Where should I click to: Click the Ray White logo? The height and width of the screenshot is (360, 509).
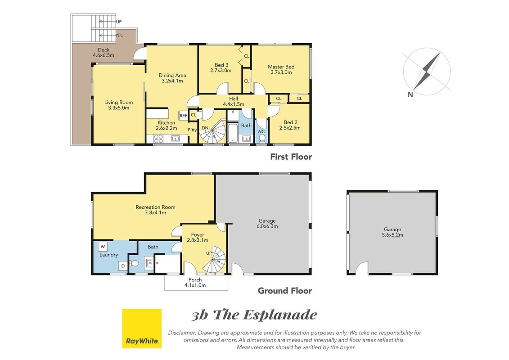[x=141, y=328]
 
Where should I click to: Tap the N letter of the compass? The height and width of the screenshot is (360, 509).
[x=410, y=94]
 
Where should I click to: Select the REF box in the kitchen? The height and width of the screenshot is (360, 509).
[x=184, y=116]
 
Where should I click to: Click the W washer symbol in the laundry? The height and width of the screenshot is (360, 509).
[x=103, y=247]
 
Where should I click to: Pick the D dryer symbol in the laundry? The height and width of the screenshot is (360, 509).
[x=123, y=266]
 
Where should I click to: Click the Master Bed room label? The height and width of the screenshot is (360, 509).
[x=281, y=67]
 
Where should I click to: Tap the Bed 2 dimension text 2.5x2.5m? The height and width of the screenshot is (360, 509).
[x=290, y=128]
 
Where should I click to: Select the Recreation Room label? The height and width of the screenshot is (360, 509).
[x=156, y=207]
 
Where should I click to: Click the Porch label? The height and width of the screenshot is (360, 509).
[x=195, y=280]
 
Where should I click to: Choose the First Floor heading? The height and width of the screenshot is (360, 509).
[x=291, y=157]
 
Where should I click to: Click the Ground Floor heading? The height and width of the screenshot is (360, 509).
[x=285, y=291]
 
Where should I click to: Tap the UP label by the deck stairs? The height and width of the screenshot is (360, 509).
[x=119, y=22]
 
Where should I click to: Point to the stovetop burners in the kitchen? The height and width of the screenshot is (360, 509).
[x=158, y=139]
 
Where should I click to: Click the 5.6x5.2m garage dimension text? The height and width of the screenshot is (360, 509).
[x=392, y=235]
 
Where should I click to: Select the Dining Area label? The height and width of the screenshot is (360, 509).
[x=172, y=75]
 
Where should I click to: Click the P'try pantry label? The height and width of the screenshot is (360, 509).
[x=192, y=130]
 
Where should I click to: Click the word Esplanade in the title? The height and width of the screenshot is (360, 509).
[x=280, y=315]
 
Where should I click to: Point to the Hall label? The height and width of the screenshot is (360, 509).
[x=234, y=99]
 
